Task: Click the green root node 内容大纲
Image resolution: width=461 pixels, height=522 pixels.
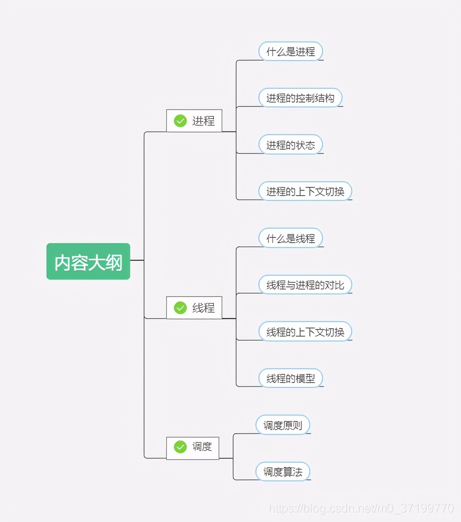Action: pyautogui.click(x=88, y=261)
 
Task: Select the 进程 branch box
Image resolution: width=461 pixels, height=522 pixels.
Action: pyautogui.click(x=194, y=121)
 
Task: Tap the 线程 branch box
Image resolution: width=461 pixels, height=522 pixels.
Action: pyautogui.click(x=194, y=307)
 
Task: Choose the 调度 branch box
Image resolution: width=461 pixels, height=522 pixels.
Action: pyautogui.click(x=193, y=448)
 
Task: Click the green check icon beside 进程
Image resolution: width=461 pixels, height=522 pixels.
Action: pyautogui.click(x=180, y=121)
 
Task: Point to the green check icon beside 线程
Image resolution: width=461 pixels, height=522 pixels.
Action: pyautogui.click(x=180, y=308)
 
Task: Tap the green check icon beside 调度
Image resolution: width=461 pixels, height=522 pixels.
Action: pyautogui.click(x=180, y=447)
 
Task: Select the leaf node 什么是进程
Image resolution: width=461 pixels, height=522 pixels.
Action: pyautogui.click(x=291, y=51)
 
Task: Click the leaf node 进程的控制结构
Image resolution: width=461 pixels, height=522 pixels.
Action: pyautogui.click(x=301, y=98)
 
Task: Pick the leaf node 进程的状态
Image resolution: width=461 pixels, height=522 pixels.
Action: pyautogui.click(x=291, y=144)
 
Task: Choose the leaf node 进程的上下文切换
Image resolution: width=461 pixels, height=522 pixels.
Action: pyautogui.click(x=305, y=191)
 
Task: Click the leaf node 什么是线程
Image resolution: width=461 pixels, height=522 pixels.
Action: pyautogui.click(x=291, y=238)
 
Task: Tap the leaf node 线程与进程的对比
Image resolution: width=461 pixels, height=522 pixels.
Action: pyautogui.click(x=305, y=285)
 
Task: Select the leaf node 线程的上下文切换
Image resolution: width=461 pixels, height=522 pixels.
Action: pyautogui.click(x=305, y=332)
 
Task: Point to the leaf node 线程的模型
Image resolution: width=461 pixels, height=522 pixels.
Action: pyautogui.click(x=291, y=378)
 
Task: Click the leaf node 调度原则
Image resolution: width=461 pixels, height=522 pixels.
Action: pyautogui.click(x=283, y=425)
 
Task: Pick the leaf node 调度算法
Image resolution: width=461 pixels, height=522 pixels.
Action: pyautogui.click(x=283, y=472)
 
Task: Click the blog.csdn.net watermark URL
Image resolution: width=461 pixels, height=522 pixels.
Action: pyautogui.click(x=361, y=508)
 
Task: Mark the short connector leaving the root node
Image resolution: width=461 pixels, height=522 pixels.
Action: pyautogui.click(x=137, y=260)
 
